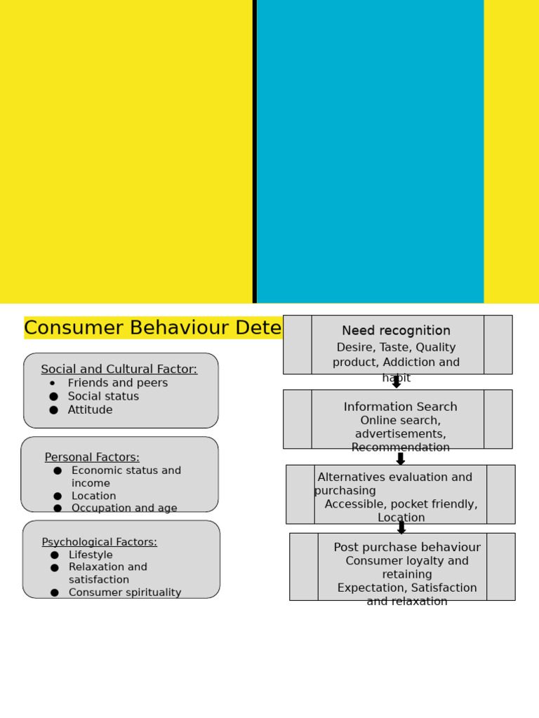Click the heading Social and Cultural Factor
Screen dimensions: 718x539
(119, 370)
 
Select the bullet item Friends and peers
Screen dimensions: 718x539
(117, 384)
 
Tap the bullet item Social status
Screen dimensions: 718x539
(103, 397)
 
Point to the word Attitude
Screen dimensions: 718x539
(90, 410)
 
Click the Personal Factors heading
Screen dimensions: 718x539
(92, 458)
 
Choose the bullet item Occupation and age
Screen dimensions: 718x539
(124, 508)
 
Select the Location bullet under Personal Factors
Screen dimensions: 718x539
(93, 496)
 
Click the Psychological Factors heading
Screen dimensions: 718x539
(99, 542)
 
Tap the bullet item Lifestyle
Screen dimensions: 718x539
(91, 555)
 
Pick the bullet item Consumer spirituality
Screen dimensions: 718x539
(125, 593)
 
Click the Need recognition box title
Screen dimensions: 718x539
(396, 331)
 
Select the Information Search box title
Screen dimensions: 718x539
(400, 407)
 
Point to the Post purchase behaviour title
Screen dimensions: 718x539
(407, 548)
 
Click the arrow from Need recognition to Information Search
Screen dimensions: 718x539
(397, 381)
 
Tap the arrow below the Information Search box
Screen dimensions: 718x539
(401, 459)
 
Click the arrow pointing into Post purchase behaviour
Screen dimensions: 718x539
(401, 527)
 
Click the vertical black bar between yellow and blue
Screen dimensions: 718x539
(254, 151)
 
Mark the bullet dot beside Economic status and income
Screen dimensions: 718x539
(58, 471)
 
